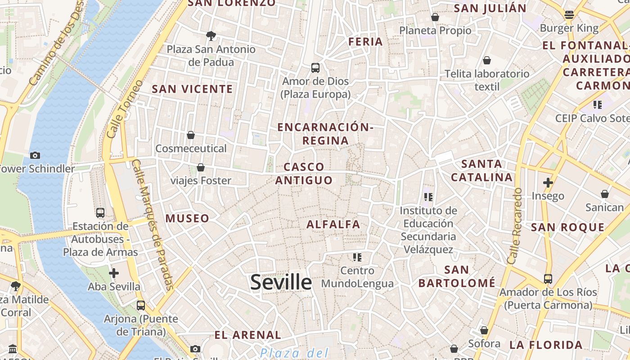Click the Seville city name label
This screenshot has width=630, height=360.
tap(281, 282)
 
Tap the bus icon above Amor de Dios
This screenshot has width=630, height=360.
tap(315, 68)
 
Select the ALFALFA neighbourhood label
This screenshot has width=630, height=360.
tap(333, 224)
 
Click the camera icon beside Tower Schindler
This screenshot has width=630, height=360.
tap(35, 155)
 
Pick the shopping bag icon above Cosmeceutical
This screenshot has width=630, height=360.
tap(191, 135)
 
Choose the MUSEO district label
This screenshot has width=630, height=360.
tap(187, 219)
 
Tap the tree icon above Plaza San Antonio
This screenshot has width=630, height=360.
tap(211, 36)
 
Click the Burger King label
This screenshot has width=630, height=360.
tap(569, 28)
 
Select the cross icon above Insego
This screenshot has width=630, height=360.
tap(548, 183)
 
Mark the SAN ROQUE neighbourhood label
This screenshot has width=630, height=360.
tap(568, 227)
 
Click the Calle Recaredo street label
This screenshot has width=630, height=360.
tap(514, 226)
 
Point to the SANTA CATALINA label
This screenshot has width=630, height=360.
tap(482, 171)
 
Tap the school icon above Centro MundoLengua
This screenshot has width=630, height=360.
tap(357, 257)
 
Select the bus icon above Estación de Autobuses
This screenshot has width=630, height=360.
tap(100, 212)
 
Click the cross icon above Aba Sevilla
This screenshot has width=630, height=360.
tap(114, 273)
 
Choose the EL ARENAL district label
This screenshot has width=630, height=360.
tap(247, 335)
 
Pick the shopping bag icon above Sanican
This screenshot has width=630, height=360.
tap(605, 194)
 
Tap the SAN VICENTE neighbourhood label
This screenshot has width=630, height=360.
tap(192, 89)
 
